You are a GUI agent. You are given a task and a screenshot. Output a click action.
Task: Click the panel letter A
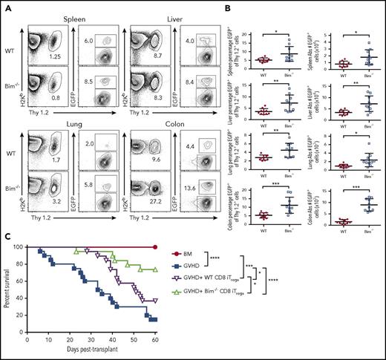click(x=7, y=4)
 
